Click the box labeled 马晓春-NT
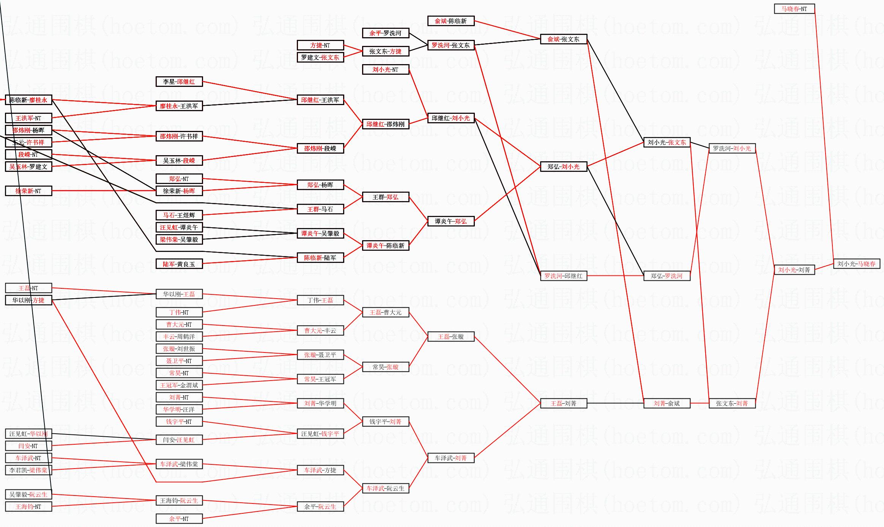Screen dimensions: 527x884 794,9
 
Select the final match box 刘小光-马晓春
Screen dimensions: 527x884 856,264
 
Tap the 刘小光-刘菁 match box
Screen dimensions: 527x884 794,270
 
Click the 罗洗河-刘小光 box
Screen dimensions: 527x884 732,148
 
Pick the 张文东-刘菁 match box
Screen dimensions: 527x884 732,403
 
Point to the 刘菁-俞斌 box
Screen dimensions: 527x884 667,403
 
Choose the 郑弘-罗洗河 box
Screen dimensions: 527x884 667,276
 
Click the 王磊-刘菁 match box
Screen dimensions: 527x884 563,403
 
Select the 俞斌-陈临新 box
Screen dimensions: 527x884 451,21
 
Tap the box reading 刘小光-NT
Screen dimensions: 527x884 385,69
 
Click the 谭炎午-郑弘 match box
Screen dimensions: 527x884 451,221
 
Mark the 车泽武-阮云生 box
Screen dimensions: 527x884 385,488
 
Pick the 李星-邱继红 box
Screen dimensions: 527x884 179,82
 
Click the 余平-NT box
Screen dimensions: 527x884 179,519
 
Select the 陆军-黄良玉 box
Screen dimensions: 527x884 179,264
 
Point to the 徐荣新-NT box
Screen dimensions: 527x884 28,191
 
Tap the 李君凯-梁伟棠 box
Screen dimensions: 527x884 28,470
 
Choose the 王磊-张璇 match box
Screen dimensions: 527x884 451,337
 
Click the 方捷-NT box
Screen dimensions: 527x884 320,45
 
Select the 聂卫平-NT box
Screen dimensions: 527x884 179,361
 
